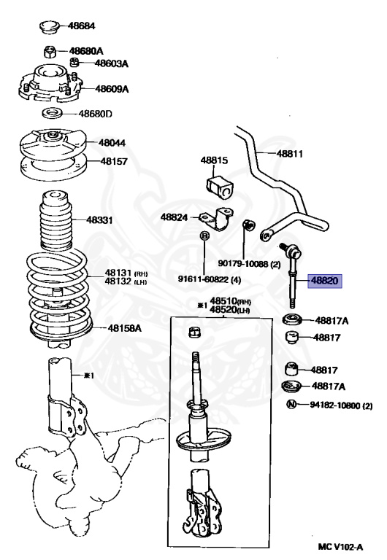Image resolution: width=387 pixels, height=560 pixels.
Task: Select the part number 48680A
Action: pos(86,51)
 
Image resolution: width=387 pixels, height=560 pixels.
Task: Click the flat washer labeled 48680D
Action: pos(52,114)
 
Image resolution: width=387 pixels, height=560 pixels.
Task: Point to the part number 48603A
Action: pos(111,63)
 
